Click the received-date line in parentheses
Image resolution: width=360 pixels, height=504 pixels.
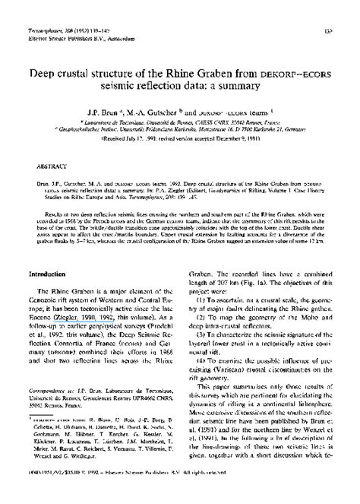tap(181, 138)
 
